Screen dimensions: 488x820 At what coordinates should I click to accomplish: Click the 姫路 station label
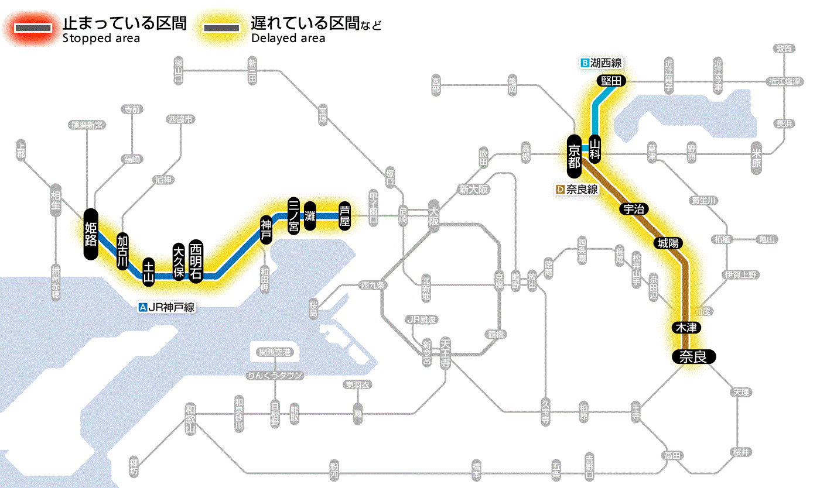coord(91,234)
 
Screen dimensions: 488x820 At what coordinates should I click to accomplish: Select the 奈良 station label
coord(693,356)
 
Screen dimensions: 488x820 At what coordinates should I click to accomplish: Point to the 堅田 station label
coord(611,81)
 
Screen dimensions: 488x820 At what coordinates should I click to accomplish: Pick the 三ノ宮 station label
coord(294,215)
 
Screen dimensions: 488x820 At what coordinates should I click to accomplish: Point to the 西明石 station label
coord(196,262)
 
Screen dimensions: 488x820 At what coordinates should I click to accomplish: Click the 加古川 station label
coord(122,251)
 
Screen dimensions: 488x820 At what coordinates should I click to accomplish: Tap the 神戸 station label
coord(266,230)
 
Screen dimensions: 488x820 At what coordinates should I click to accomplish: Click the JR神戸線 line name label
coord(166,306)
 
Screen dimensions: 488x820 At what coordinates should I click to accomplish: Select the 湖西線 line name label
coord(601,63)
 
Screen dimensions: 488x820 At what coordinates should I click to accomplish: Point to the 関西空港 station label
coord(275,352)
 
